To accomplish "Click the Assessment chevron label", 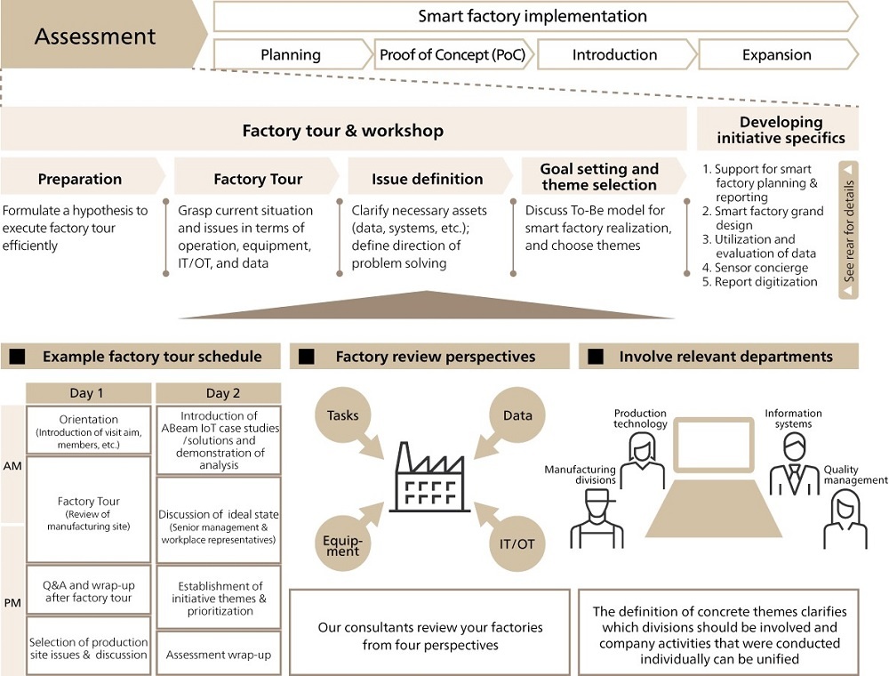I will pyautogui.click(x=95, y=36).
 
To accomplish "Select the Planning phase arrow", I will pyautogui.click(x=291, y=54).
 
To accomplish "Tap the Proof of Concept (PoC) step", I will pyautogui.click(x=453, y=54).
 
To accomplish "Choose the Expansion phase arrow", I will pyautogui.click(x=776, y=54).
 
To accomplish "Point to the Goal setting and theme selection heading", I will pyautogui.click(x=599, y=177).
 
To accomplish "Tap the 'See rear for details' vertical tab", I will pyautogui.click(x=849, y=229).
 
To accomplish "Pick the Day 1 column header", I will pyautogui.click(x=87, y=393).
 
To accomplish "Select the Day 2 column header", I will pyautogui.click(x=218, y=393).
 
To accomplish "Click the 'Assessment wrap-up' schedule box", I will pyautogui.click(x=218, y=655).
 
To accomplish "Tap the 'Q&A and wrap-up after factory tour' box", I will pyautogui.click(x=87, y=591).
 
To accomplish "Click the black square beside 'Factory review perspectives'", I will pyautogui.click(x=307, y=357).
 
